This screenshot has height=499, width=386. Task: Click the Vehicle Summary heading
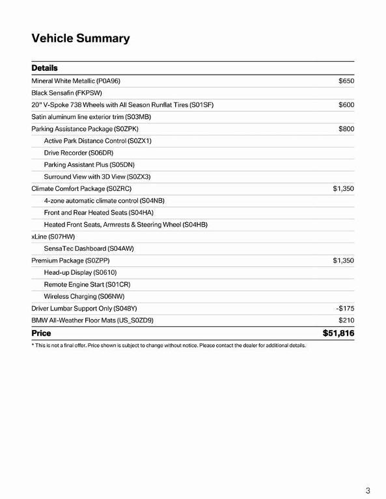[81, 38]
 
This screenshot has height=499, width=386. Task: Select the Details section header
[44, 68]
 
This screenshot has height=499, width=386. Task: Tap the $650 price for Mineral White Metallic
[346, 81]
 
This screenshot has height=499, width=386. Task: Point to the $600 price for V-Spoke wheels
[346, 105]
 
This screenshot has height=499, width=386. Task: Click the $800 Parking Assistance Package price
[346, 129]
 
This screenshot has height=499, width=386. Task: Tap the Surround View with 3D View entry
[97, 177]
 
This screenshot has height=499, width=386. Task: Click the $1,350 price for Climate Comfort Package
[343, 188]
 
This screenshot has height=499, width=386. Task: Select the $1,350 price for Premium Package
[343, 261]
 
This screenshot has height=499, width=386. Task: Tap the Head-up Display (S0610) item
[80, 272]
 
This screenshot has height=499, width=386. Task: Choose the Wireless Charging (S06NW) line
[84, 296]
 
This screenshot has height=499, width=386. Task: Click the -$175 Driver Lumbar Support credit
[345, 309]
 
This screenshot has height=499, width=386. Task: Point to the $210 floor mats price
[346, 320]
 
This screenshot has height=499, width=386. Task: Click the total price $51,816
[338, 333]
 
